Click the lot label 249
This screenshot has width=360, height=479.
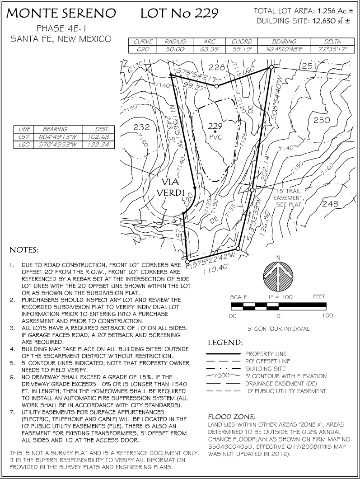(330, 204)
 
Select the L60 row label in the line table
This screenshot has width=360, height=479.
(23, 145)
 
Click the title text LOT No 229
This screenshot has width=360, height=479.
(179, 14)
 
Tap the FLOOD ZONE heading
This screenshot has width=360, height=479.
(232, 416)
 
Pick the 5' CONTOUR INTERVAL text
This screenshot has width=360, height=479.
(278, 329)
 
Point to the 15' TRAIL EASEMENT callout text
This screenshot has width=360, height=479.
(290, 197)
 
